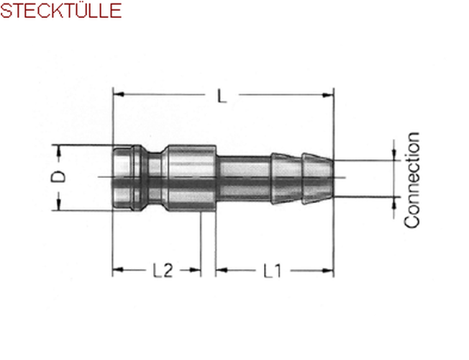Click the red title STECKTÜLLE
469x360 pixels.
point(60,10)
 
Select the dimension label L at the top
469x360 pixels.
point(222,96)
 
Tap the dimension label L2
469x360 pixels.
point(163,270)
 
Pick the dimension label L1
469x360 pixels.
point(272,270)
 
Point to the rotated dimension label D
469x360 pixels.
point(58,176)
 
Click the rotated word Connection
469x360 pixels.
point(411,180)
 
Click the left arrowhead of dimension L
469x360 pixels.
point(119,94)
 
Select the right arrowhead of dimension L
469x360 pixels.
point(328,95)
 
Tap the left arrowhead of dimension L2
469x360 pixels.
point(118,270)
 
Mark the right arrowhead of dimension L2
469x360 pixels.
point(195,270)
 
